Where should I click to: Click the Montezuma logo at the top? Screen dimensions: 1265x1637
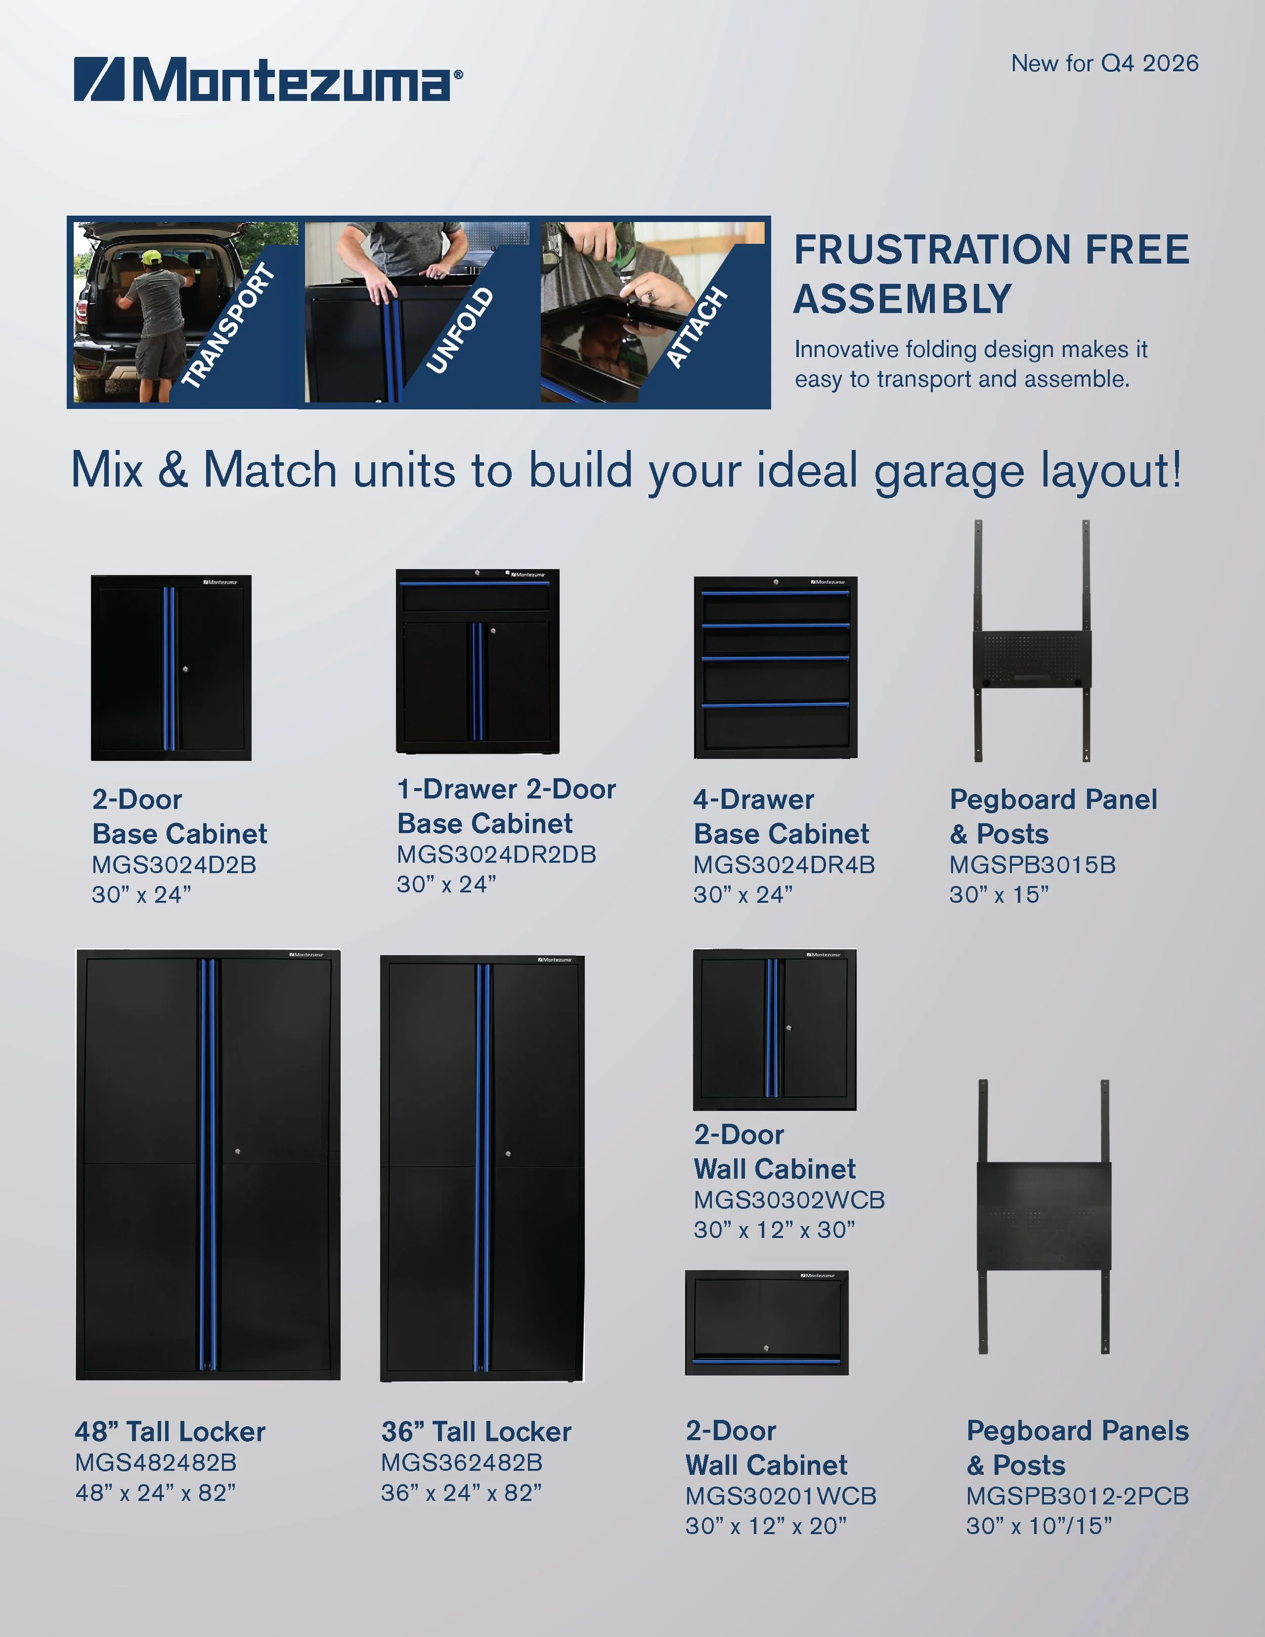coord(268,79)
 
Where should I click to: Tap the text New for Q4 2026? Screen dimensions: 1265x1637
coord(1105,63)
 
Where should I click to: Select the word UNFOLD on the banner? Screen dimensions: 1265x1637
coord(460,330)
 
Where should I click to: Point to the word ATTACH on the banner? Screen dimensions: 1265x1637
coord(697,327)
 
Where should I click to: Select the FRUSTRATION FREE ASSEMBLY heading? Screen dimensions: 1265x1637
coord(991,274)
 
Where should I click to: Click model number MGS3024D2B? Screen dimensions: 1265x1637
coord(174,865)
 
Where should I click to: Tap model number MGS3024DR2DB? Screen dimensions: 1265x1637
coord(496,855)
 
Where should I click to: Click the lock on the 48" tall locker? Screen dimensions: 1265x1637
coord(237,1151)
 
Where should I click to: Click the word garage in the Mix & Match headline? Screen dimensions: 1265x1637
coord(949,472)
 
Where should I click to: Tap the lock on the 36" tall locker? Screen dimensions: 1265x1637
coord(508,1154)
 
